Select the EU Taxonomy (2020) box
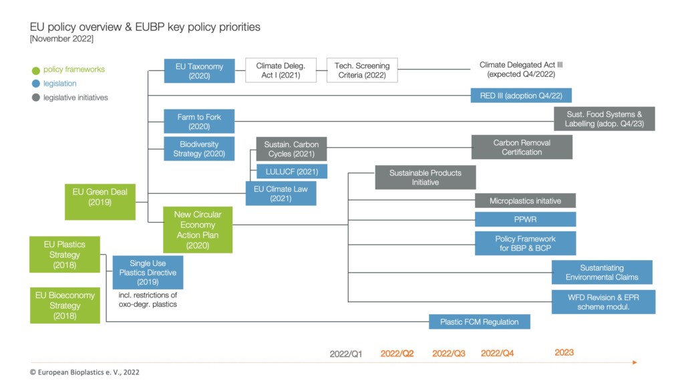(199, 71)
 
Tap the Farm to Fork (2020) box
(199, 122)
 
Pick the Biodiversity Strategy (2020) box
(199, 149)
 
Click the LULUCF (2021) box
(292, 172)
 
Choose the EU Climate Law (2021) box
(281, 194)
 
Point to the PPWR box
(525, 219)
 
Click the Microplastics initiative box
(525, 201)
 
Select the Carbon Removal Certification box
(522, 147)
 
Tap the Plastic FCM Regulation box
(479, 322)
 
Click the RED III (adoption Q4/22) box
(521, 95)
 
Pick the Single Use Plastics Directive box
(148, 273)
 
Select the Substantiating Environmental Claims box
(602, 273)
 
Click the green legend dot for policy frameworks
(35, 70)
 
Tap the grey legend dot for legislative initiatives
(35, 98)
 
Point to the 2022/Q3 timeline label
(449, 353)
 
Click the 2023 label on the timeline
(564, 352)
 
